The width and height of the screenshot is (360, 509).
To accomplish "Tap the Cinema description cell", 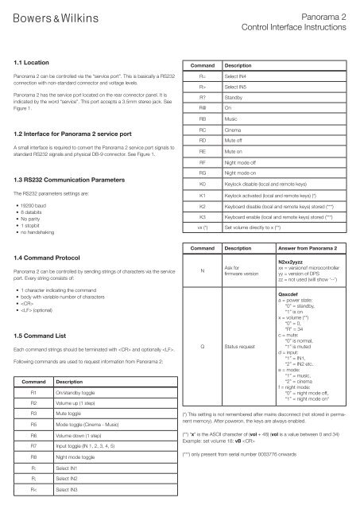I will point(234,127).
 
